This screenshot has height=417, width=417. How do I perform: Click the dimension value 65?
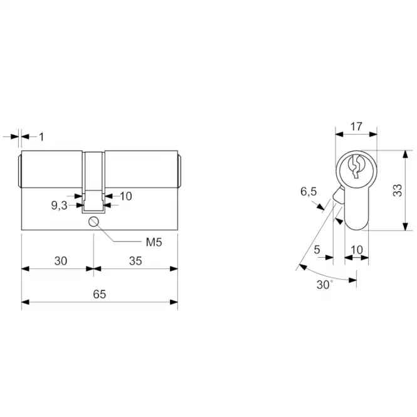coord(100,294)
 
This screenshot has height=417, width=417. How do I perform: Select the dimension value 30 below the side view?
coord(61,261)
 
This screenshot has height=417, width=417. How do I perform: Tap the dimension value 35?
coord(135,261)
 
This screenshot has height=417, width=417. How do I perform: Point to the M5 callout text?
coord(154,242)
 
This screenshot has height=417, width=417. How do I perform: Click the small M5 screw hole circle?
coord(93,221)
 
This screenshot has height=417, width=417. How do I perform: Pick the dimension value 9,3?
coord(59,205)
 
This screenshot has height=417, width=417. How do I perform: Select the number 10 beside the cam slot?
coord(126,196)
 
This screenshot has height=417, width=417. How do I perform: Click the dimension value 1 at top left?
coord(41,137)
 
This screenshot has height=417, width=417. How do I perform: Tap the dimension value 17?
coord(356,127)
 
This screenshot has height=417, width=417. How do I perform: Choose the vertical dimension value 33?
coord(398,190)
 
